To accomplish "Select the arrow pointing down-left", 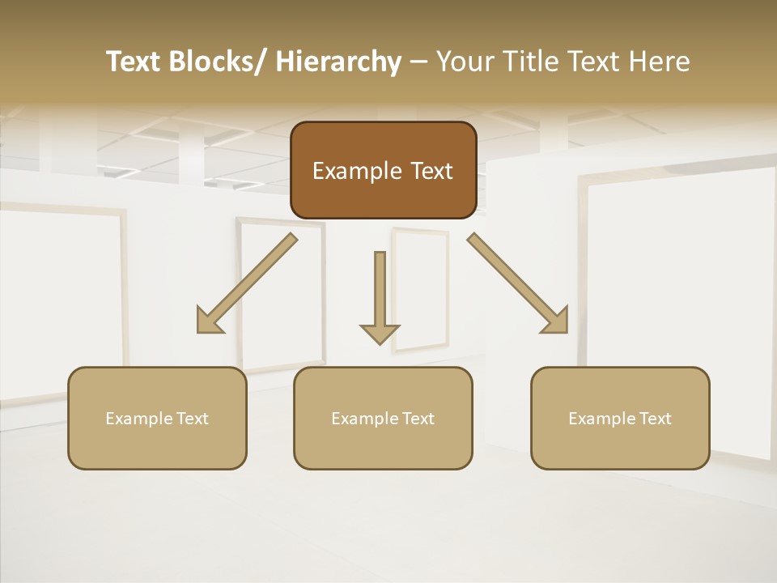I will [248, 283].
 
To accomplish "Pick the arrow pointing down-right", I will [518, 283].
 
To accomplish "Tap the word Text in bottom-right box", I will [654, 419].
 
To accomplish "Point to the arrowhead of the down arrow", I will [380, 333].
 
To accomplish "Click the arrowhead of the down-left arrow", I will [209, 321].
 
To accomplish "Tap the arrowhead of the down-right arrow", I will [556, 321].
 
